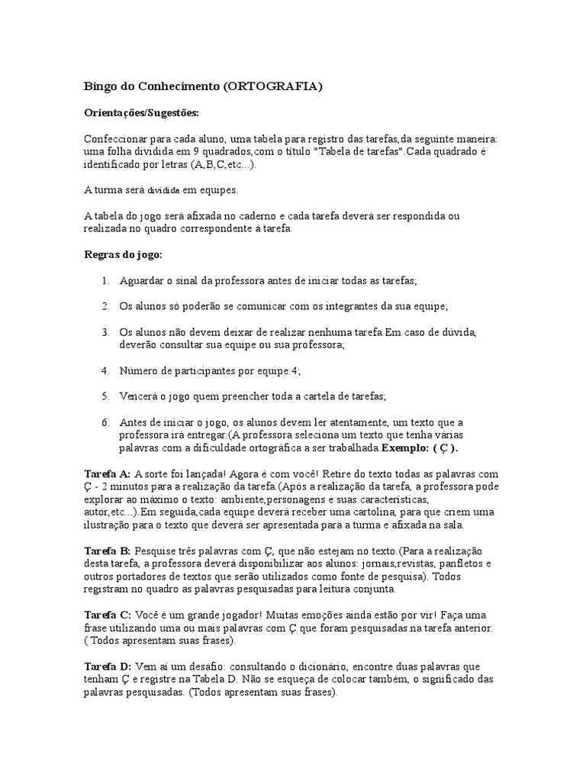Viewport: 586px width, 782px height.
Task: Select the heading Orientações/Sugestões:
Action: point(141,113)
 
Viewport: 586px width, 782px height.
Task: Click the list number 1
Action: point(105,281)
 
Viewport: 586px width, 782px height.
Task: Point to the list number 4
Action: point(105,370)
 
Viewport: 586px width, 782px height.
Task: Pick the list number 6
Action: point(105,422)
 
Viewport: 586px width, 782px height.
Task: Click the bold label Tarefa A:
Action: point(107,473)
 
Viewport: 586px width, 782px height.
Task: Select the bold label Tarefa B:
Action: point(107,551)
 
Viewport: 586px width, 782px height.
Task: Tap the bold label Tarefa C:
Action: point(107,615)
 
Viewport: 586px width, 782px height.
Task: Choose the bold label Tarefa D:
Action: point(107,667)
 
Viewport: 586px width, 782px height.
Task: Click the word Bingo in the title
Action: point(97,86)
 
